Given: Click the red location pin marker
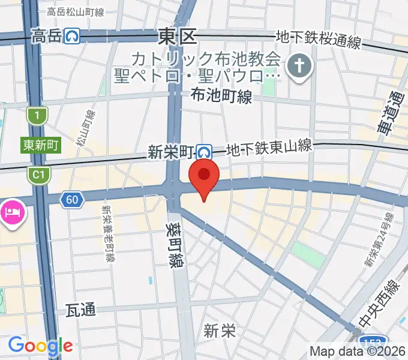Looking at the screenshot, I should [204, 175].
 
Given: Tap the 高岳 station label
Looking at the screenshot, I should [46, 37].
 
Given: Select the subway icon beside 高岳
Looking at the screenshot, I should [73, 37].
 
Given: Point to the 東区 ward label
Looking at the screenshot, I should [178, 37].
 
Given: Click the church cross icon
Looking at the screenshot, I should [298, 68].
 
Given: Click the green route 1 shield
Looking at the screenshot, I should [38, 115].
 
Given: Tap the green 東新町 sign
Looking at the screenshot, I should [41, 145].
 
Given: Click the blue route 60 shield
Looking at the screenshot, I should [71, 200].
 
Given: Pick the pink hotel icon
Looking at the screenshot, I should [12, 212].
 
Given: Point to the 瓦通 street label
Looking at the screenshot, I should [80, 310].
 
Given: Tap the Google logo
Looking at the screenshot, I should [40, 346].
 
